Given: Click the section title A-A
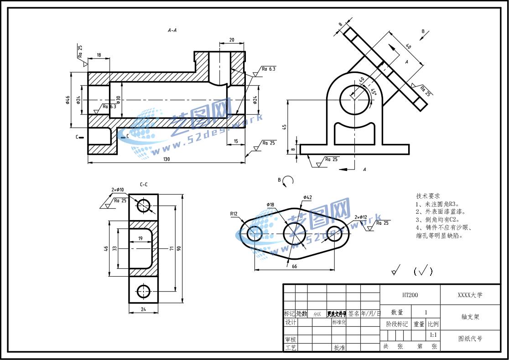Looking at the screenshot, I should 172,31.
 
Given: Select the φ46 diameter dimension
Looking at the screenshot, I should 67,100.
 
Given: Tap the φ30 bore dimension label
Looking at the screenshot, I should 119,100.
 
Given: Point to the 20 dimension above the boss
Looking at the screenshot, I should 232,40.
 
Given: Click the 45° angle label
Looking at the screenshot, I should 374,92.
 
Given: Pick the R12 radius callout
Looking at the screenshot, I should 234,214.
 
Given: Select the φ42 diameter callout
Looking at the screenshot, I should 307,197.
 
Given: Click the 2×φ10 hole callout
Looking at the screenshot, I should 118,190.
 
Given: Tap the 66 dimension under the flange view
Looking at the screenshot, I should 294,267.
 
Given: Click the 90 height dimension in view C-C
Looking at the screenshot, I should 179,248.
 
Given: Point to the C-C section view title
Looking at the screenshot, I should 144,185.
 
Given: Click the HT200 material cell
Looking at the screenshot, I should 410,295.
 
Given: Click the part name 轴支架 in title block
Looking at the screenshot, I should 470,317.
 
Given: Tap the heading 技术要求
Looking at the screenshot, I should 428,195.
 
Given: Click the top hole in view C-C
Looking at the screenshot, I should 144,205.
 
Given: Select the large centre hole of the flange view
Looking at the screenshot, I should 294,233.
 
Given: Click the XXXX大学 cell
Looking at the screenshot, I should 470,295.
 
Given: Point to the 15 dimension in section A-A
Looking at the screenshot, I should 235,141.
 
